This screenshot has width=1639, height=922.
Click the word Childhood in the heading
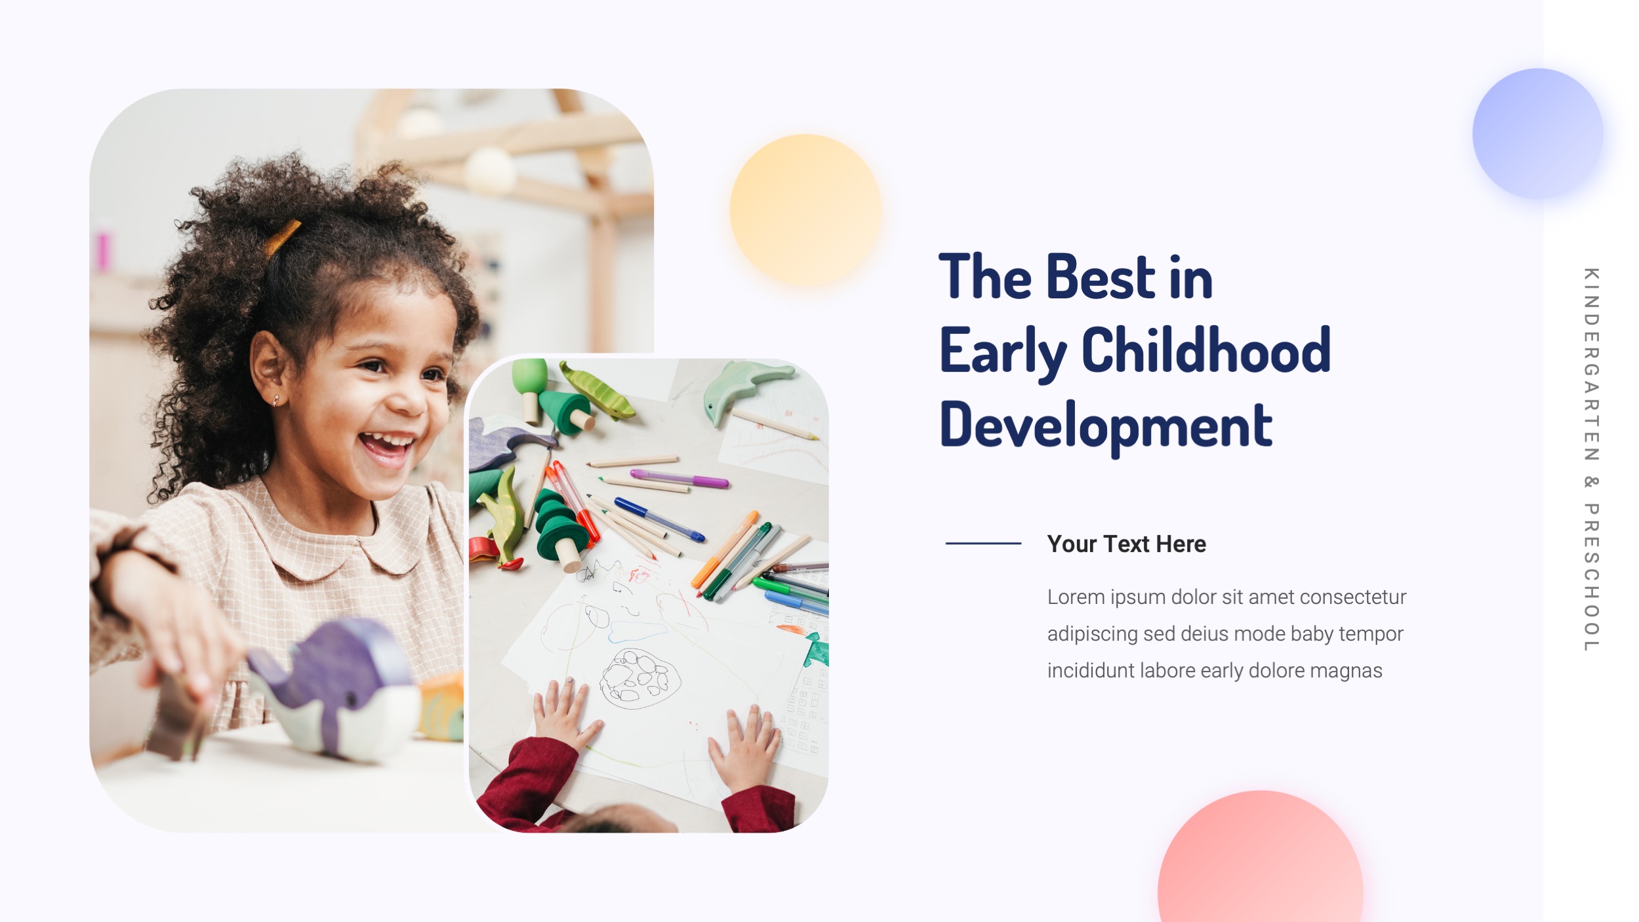pos(1205,351)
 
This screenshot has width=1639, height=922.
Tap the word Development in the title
pos(1106,425)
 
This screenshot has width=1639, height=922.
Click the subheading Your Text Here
pos(1126,544)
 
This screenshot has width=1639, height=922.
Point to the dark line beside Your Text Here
pos(983,543)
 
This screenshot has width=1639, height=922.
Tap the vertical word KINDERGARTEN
pos(1590,365)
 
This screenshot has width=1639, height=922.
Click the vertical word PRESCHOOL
pos(1590,577)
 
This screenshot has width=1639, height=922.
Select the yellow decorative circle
pos(805,210)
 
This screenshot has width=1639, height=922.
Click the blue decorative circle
pos(1537,134)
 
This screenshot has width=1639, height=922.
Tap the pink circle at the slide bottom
pos(1260,866)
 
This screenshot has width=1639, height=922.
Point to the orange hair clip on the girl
pos(282,237)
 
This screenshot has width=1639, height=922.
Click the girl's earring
pos(275,399)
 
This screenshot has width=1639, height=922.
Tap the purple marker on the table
pos(679,478)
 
